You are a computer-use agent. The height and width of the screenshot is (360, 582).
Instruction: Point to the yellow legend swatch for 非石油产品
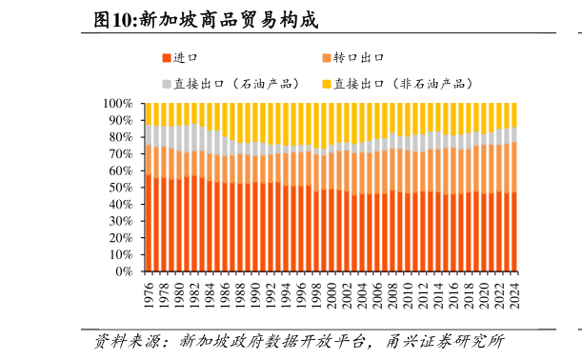click(326, 84)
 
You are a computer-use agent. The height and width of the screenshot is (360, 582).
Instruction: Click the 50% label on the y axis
click(120, 188)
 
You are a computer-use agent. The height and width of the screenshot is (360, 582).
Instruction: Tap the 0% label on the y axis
click(124, 271)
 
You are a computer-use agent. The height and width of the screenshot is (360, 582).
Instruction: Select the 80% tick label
click(120, 137)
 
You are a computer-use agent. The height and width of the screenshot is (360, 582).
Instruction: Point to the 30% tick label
click(120, 221)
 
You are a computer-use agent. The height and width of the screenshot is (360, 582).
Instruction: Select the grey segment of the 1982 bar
click(194, 137)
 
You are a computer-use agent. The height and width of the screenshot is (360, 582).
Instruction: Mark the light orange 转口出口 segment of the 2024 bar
click(514, 167)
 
